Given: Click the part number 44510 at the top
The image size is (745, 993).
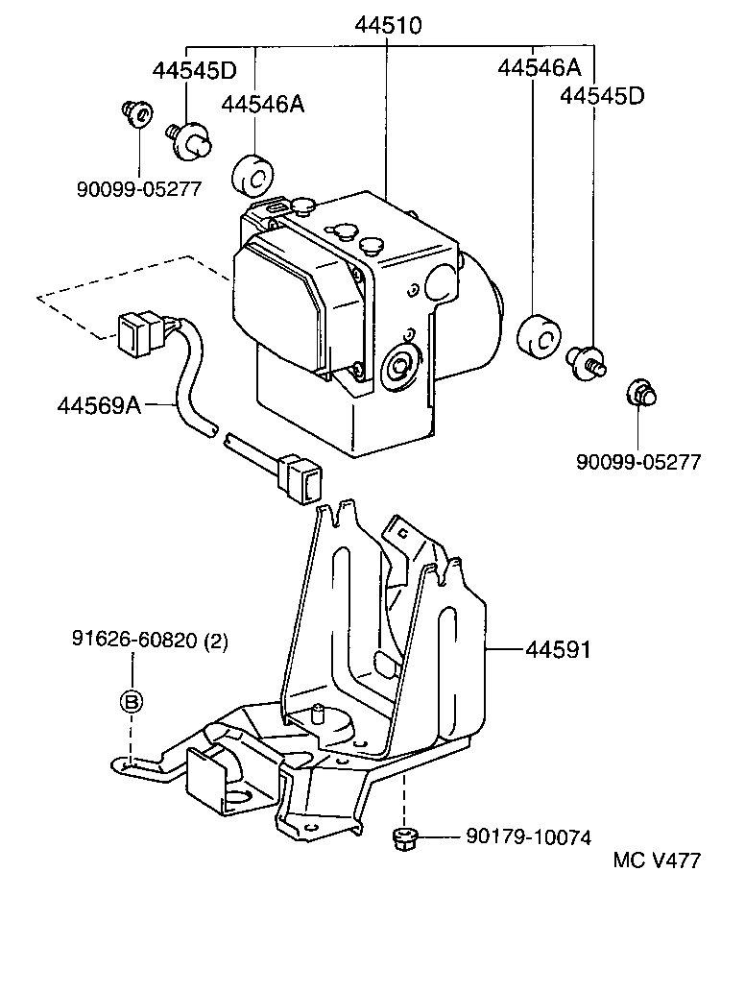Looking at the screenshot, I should click(x=388, y=26).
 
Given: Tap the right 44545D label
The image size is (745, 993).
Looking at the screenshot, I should click(x=603, y=96).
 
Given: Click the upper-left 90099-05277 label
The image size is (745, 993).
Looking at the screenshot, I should click(x=139, y=188).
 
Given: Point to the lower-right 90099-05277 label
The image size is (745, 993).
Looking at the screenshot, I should click(x=638, y=462).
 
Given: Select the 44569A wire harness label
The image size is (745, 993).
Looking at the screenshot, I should click(x=99, y=406).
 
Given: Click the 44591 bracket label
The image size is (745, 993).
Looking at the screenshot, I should click(x=557, y=650).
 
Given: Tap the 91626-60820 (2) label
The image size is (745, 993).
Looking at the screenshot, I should click(x=150, y=641).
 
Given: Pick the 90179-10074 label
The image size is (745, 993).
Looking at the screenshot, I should click(x=528, y=837).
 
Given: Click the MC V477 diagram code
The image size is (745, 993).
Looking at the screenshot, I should click(x=658, y=860).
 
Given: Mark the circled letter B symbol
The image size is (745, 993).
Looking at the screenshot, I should click(x=132, y=701).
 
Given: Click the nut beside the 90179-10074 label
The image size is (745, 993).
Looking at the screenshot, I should click(x=403, y=839).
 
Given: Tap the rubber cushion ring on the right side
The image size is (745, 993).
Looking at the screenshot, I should click(x=538, y=336).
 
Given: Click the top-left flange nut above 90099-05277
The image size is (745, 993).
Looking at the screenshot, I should click(x=137, y=114).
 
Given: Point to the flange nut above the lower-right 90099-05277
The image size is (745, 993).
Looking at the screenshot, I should click(x=640, y=393).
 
